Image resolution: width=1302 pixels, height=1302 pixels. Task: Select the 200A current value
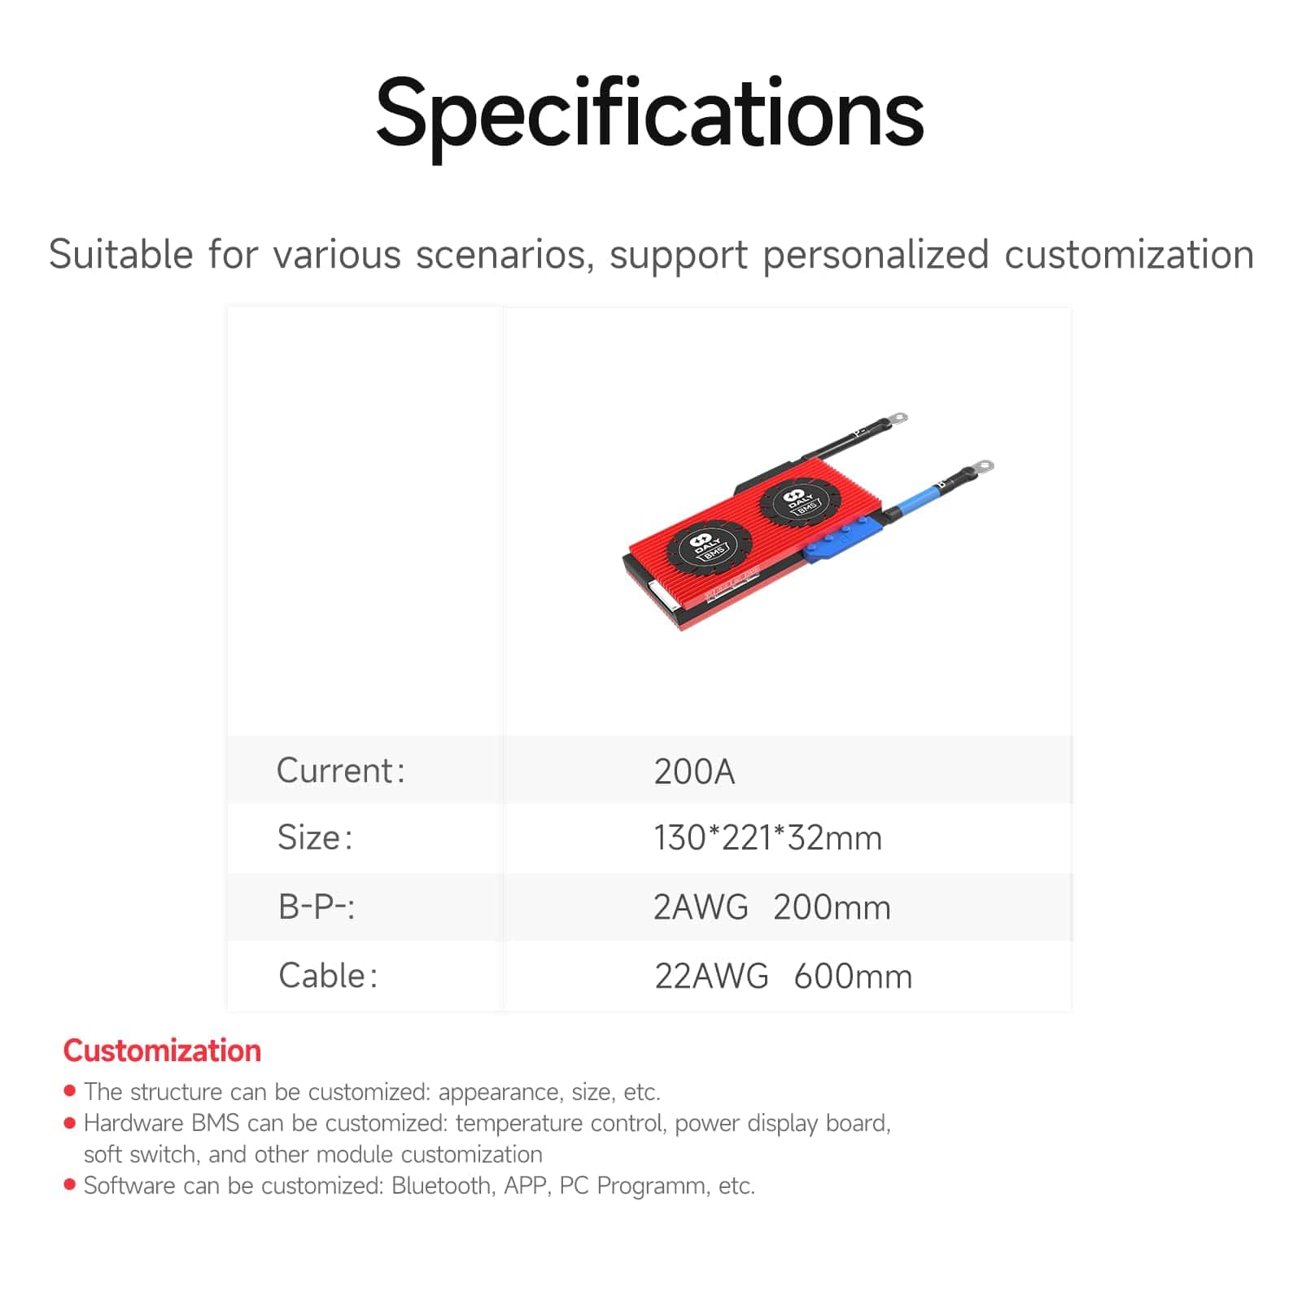coord(694,771)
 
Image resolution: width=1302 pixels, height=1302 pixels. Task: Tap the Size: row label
coord(315,837)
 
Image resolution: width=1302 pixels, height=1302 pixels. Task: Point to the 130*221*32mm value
coord(768,838)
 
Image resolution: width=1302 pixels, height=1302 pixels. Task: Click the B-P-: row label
coord(317,907)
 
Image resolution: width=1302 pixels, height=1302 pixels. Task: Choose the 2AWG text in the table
coord(701,907)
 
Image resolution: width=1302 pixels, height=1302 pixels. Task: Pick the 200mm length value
coord(832,907)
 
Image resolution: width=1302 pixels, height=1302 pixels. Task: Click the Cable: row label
coord(328,976)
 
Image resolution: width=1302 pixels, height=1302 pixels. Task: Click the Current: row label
coord(340,771)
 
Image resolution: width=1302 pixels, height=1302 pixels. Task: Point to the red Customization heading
coord(162,1051)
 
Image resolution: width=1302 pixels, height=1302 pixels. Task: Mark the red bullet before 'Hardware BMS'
coord(70,1123)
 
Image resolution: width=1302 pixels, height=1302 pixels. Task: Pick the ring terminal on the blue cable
coord(980,467)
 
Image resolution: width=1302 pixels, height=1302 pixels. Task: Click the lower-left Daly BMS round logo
coord(708,545)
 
